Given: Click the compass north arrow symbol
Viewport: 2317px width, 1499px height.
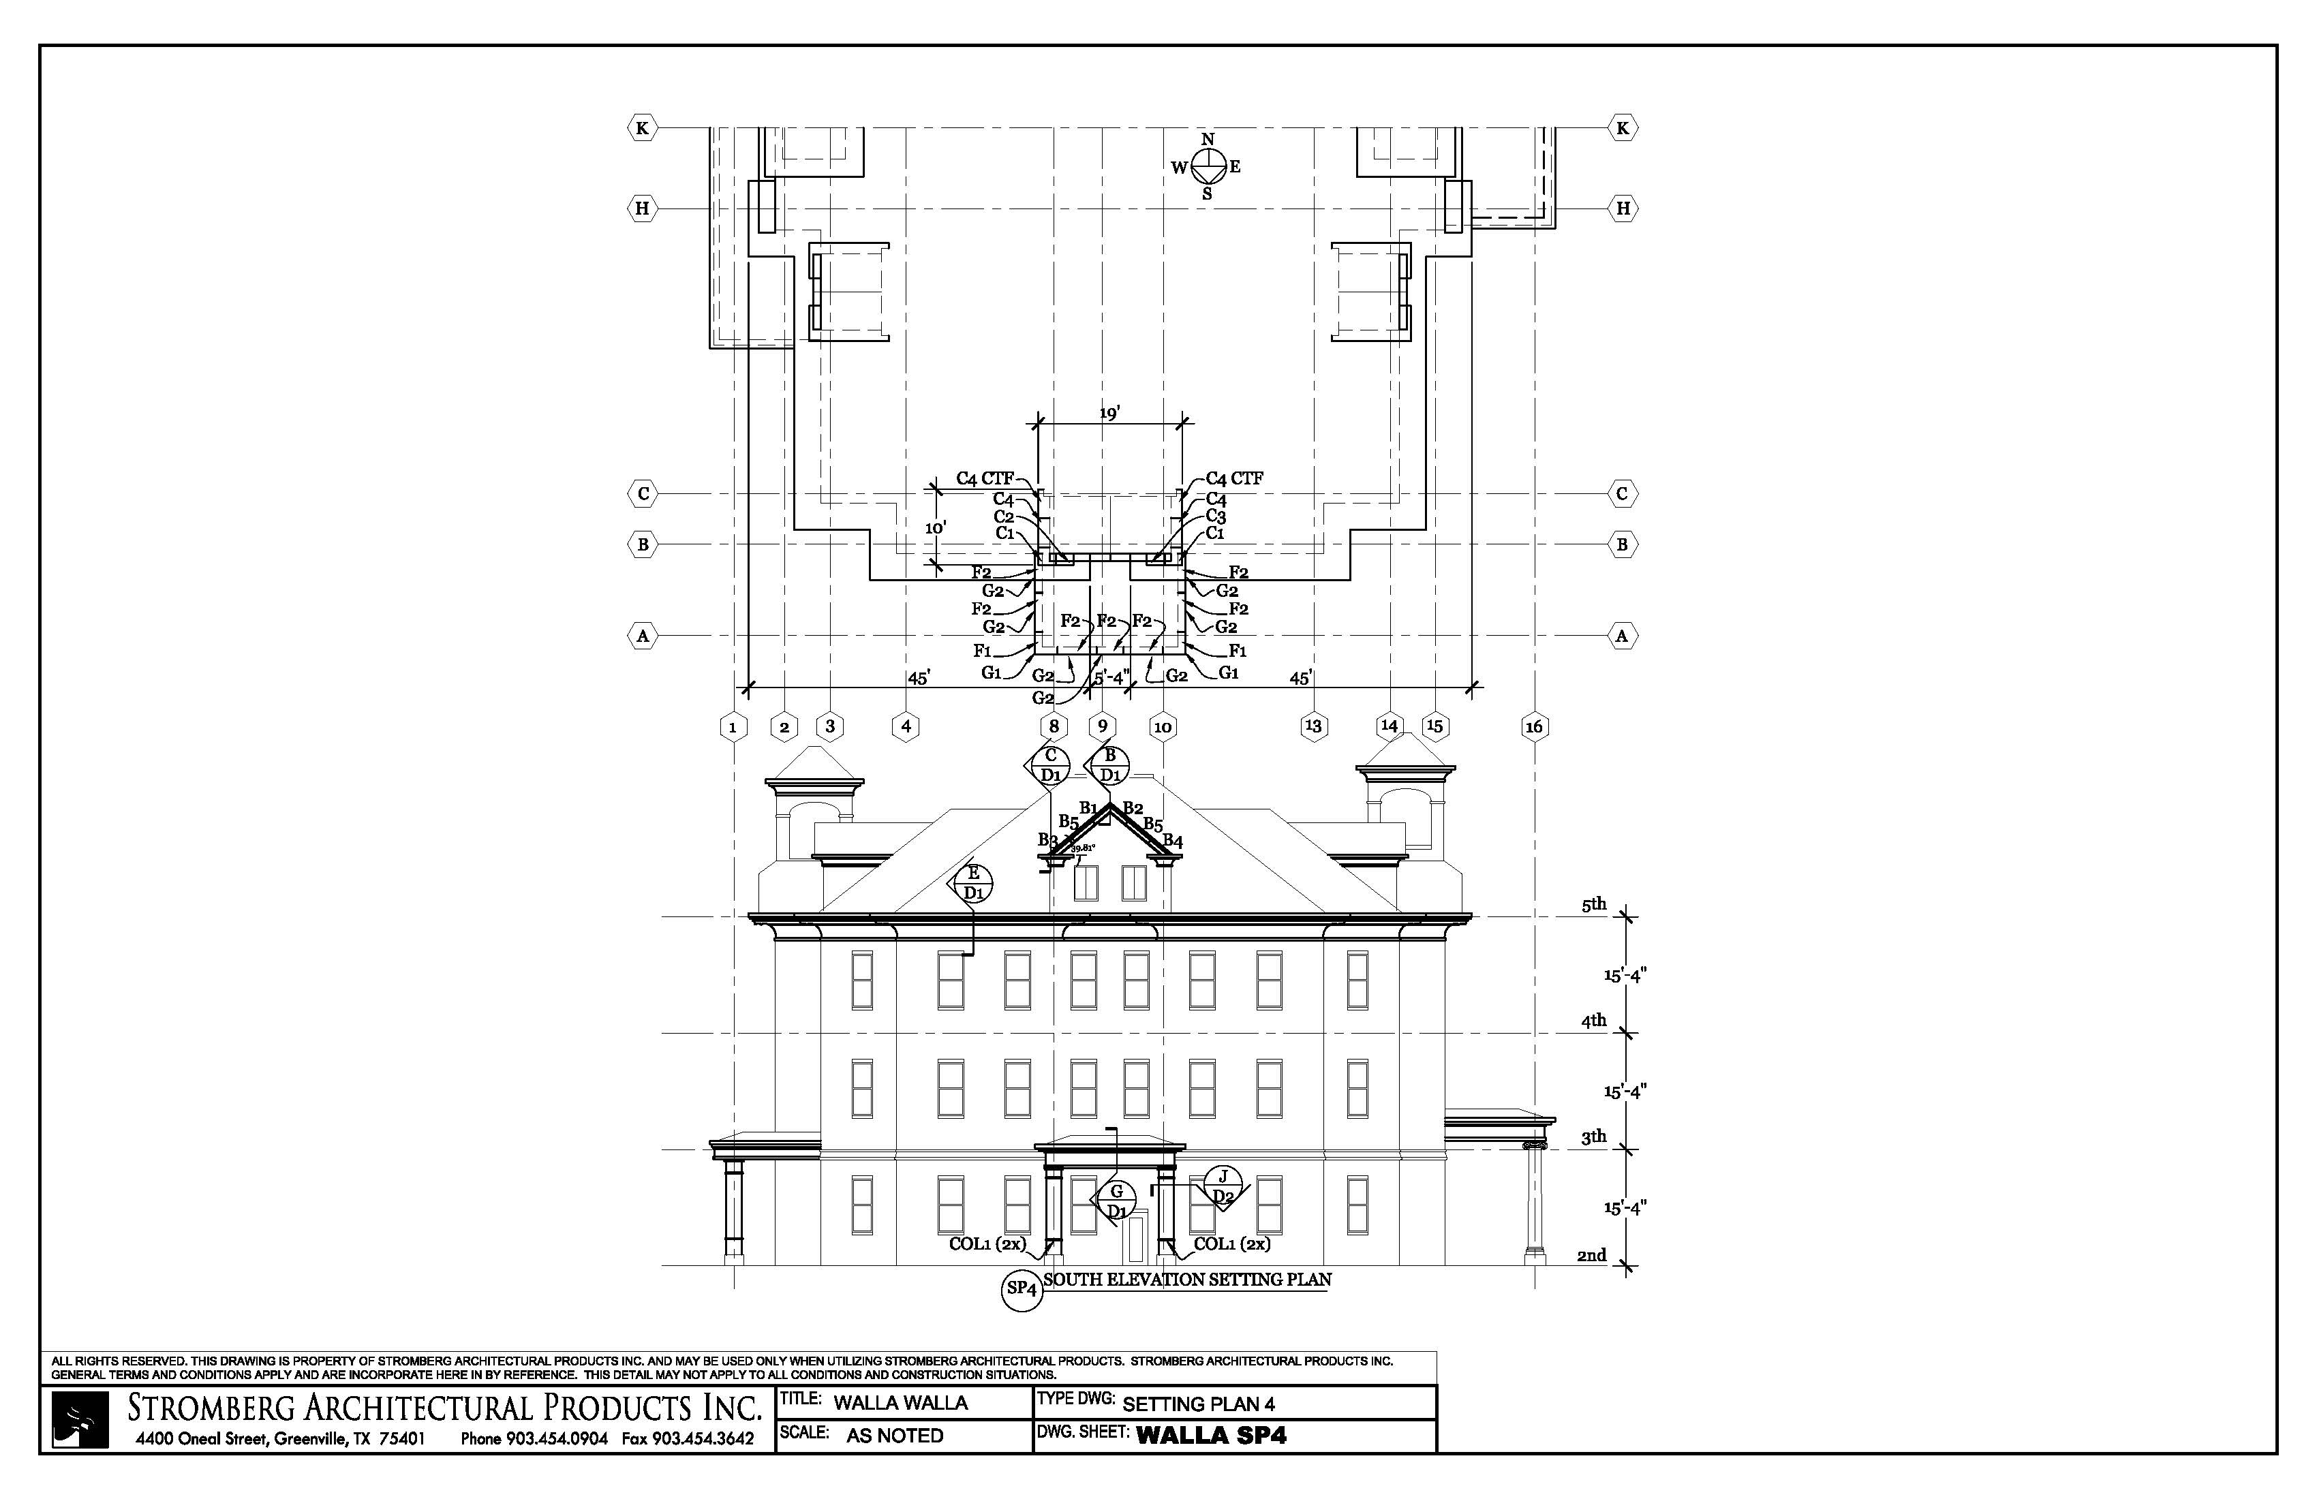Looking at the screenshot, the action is (x=1207, y=166).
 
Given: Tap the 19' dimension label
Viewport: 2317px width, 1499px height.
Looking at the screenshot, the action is (x=1110, y=414).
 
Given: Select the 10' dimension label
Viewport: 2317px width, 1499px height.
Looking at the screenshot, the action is (x=936, y=527).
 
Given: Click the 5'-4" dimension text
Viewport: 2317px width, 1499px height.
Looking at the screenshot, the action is (x=1111, y=677).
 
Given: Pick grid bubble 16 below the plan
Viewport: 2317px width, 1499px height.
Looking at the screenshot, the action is (x=1534, y=726).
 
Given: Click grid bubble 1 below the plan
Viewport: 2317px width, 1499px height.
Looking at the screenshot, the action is (x=733, y=726).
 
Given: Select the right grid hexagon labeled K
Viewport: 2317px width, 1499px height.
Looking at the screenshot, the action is (x=1622, y=127).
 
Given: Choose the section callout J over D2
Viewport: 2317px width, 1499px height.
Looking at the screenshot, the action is (x=1224, y=1186).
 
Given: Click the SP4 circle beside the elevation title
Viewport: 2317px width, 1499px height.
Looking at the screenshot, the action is (x=1022, y=1290).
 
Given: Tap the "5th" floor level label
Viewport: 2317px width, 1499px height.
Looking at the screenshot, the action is (x=1594, y=904).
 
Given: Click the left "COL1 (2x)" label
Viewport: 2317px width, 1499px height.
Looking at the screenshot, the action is (x=988, y=1244).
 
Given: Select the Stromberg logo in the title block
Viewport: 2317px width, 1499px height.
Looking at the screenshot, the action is (x=80, y=1420).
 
